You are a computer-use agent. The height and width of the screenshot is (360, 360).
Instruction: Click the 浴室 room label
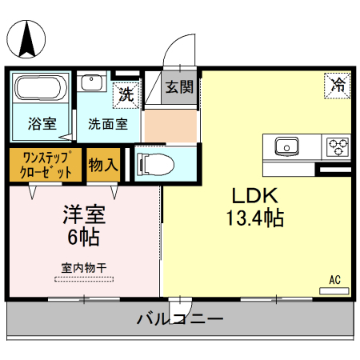(x=42, y=124)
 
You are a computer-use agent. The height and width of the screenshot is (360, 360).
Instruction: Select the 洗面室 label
(x=107, y=124)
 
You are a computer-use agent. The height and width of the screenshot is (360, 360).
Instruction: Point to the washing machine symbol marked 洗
(x=126, y=94)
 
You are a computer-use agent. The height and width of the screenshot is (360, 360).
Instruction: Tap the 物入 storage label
(x=103, y=165)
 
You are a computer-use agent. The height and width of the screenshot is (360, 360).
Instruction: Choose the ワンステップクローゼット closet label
(x=46, y=164)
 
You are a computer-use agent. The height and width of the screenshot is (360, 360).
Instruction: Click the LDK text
(x=255, y=195)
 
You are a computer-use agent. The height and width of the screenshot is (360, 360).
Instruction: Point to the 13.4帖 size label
(x=255, y=217)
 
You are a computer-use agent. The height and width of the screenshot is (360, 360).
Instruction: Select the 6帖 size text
(x=85, y=237)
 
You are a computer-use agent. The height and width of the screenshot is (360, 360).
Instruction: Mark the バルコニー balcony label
(x=179, y=319)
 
